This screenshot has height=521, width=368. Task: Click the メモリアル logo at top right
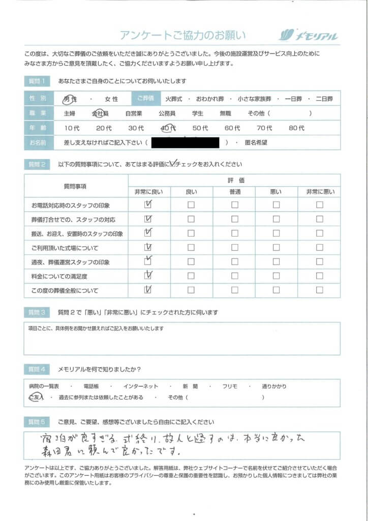click(x=309, y=35)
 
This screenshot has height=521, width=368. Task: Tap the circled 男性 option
click(x=70, y=99)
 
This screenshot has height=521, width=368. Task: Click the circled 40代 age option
click(x=168, y=128)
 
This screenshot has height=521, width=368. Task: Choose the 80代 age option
click(x=296, y=128)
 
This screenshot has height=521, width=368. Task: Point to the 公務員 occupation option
click(x=167, y=113)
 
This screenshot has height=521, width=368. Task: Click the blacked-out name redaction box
click(x=185, y=142)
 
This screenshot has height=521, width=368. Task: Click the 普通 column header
click(x=235, y=191)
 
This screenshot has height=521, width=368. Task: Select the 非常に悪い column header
click(x=319, y=191)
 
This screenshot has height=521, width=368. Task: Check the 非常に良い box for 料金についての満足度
click(x=148, y=276)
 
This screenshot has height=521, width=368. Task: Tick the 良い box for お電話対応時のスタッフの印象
click(x=191, y=205)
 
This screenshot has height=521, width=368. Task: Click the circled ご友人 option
click(x=36, y=397)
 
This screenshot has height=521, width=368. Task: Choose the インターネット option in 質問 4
click(x=141, y=386)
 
